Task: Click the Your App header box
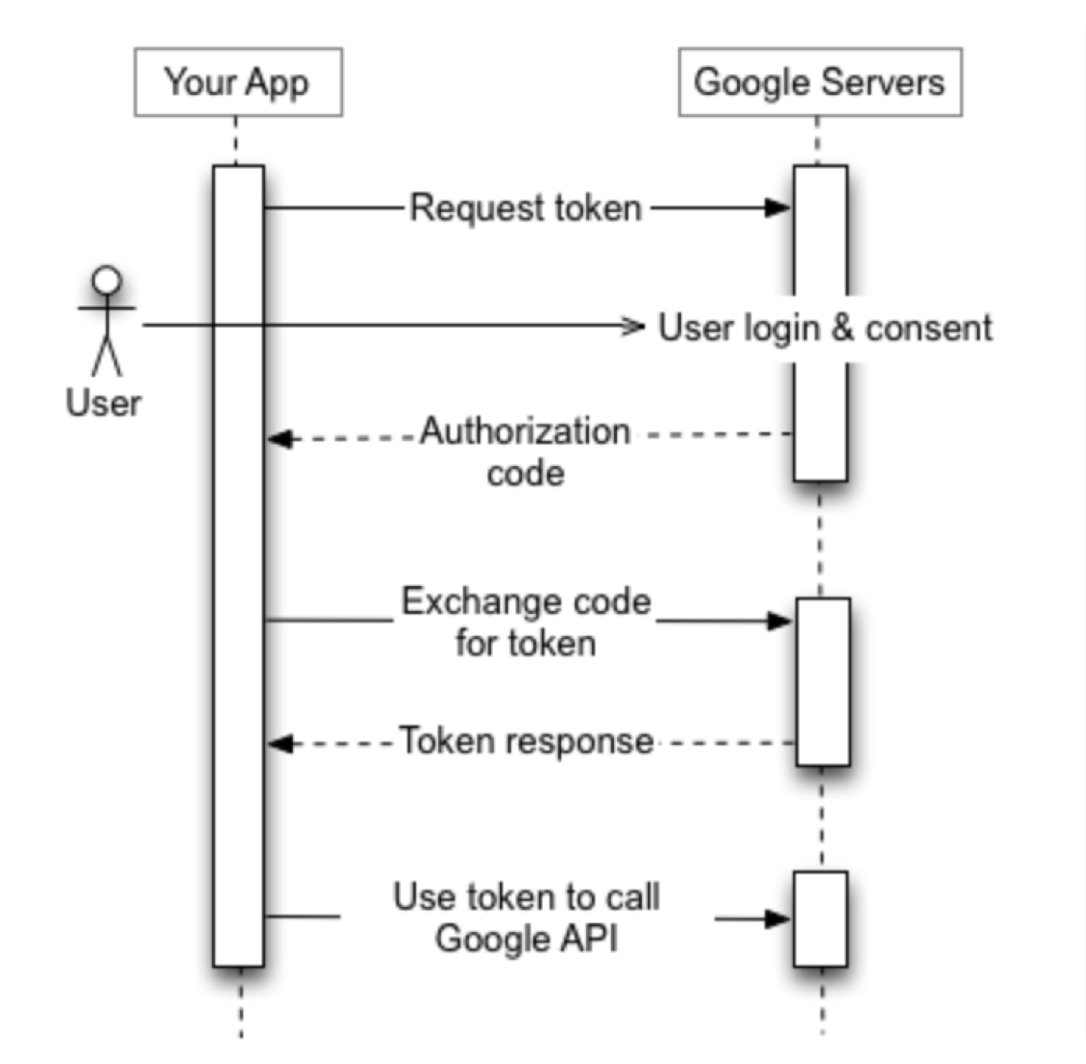238,83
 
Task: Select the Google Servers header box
820,83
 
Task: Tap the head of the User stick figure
107,280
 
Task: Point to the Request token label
526,208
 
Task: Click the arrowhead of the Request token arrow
777,208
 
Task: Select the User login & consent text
825,327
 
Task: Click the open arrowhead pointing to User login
633,327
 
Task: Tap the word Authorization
526,432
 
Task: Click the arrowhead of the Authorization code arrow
280,438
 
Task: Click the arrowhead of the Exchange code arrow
779,621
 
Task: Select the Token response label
526,741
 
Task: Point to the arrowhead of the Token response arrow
280,744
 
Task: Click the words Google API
526,938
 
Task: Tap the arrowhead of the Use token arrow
777,918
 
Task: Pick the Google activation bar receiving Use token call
820,918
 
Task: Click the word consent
928,328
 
